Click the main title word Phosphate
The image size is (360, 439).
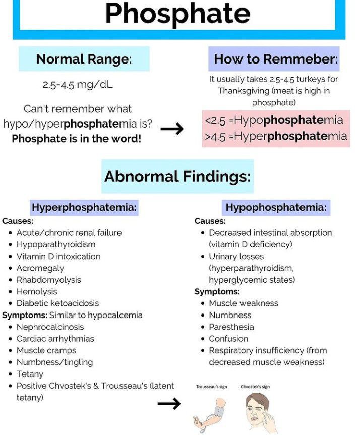click(177, 14)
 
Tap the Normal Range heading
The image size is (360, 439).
click(84, 59)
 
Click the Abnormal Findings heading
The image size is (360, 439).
click(177, 176)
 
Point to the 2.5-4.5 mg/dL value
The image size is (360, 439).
click(78, 84)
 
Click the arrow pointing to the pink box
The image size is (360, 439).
click(172, 129)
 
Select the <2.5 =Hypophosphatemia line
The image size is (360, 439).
click(274, 120)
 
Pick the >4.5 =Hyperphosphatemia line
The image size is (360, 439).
click(276, 136)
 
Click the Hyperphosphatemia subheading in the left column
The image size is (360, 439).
click(84, 207)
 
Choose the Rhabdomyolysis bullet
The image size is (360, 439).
click(48, 280)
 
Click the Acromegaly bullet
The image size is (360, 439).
click(40, 268)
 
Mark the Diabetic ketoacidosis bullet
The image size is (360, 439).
click(57, 303)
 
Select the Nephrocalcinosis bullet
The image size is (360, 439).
click(50, 327)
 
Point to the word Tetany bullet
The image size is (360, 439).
click(30, 374)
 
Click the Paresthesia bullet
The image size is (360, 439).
click(231, 327)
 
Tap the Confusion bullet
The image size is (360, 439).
click(228, 339)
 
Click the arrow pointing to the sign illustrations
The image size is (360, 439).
click(169, 403)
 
